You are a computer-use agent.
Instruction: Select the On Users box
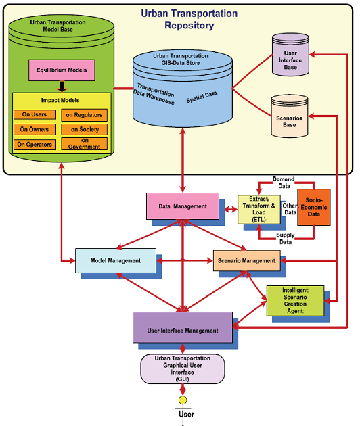(34, 114)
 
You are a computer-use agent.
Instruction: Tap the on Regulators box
(83, 114)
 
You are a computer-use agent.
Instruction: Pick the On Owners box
(34, 129)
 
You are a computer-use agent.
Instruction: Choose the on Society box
(83, 129)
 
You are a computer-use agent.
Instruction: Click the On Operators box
(34, 144)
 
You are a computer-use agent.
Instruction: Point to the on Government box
(83, 144)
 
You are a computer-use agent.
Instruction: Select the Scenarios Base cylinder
(290, 113)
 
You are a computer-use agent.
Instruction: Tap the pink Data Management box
(182, 205)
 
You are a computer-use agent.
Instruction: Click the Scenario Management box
(244, 260)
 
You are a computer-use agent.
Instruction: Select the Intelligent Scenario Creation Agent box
(295, 300)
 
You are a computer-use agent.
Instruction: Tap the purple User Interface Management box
(182, 329)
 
